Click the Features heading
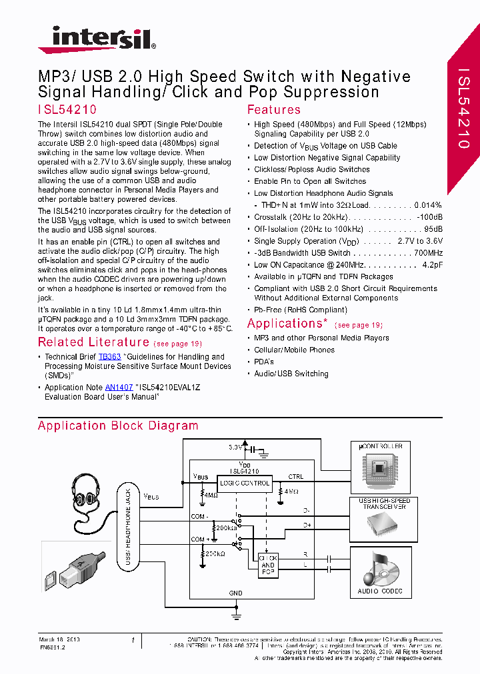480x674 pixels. (273, 110)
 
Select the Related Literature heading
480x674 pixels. (93, 342)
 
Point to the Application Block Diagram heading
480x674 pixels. (118, 426)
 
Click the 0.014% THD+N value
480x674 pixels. (428, 205)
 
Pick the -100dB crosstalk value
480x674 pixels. (429, 217)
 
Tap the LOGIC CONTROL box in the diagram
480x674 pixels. (245, 483)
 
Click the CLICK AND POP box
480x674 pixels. (267, 565)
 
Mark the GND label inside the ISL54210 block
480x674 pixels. (236, 593)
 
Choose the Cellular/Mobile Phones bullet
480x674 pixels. (294, 350)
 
